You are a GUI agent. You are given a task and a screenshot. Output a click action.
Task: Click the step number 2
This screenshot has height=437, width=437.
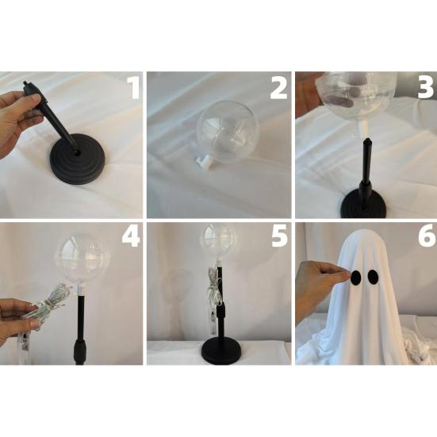coord(278,89)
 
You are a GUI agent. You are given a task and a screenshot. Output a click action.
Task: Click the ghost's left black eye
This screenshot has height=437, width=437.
coord(356,278)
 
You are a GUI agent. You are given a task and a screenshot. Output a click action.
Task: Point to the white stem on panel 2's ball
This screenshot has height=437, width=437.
coord(205,162)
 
